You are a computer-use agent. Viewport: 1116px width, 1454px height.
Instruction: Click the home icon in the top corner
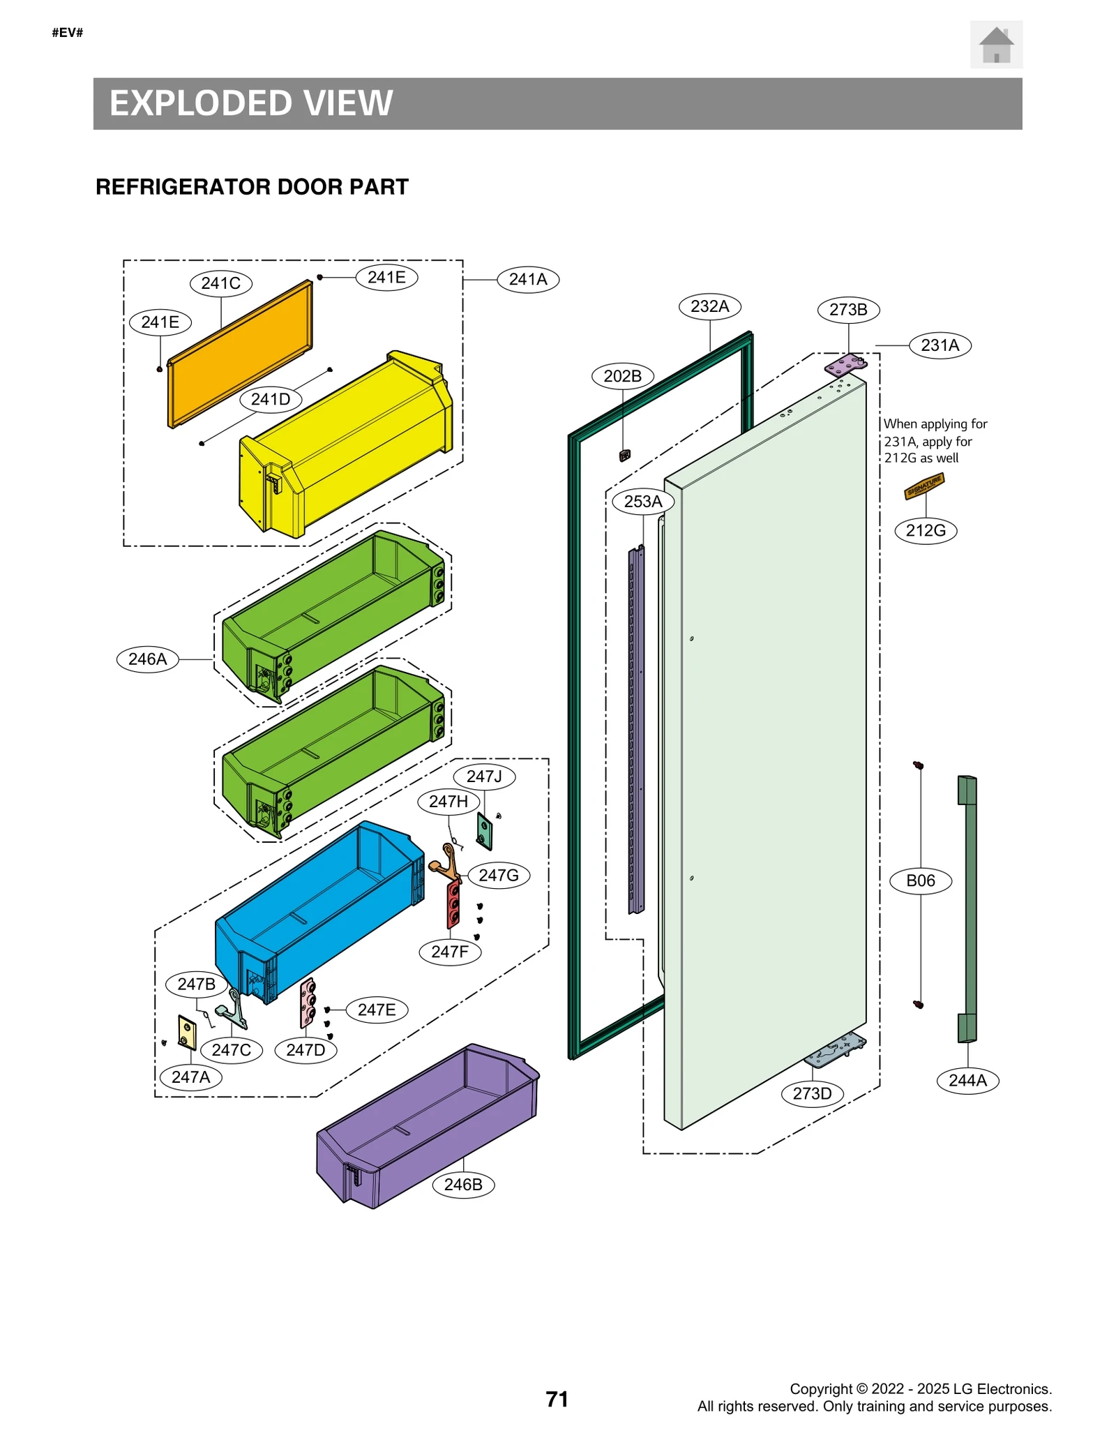pyautogui.click(x=995, y=45)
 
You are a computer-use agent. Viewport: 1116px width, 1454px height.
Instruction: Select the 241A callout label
pyautogui.click(x=527, y=279)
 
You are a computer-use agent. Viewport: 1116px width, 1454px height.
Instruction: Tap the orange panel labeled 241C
pyautogui.click(x=239, y=354)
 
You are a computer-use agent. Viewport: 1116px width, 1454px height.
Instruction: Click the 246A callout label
pyautogui.click(x=147, y=659)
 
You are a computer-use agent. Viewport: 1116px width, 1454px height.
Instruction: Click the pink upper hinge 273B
pyautogui.click(x=845, y=364)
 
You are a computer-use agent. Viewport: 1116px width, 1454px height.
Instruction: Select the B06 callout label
pyautogui.click(x=920, y=880)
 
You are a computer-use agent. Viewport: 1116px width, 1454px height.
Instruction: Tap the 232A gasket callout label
pyautogui.click(x=709, y=306)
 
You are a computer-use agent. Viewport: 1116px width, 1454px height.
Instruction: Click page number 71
pyautogui.click(x=557, y=1399)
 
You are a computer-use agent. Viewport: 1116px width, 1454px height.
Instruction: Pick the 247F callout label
pyautogui.click(x=450, y=951)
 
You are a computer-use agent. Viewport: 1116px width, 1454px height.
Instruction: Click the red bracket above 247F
pyautogui.click(x=453, y=904)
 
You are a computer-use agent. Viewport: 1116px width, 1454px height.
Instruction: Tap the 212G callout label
pyautogui.click(x=925, y=530)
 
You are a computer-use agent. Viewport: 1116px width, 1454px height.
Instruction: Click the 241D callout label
pyautogui.click(x=271, y=399)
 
